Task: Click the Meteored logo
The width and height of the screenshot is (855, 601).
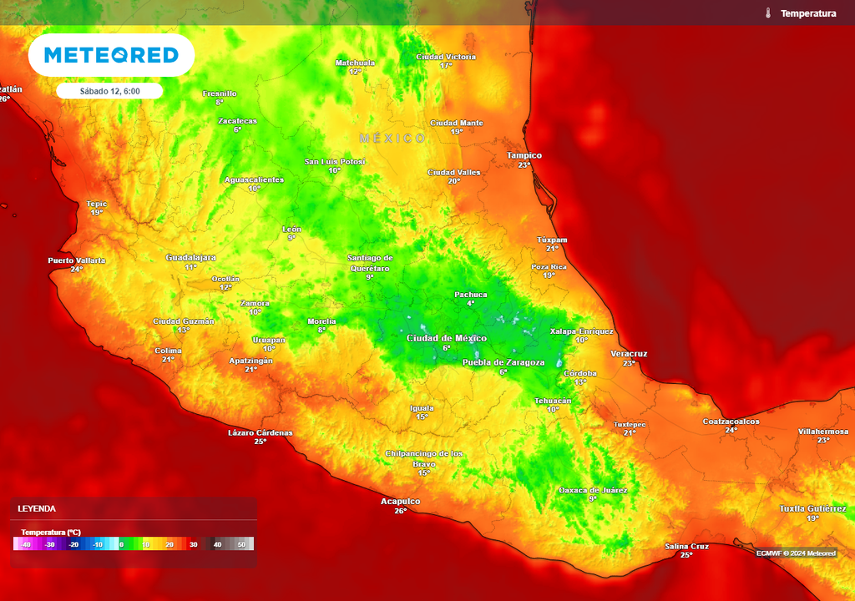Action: pos(111,55)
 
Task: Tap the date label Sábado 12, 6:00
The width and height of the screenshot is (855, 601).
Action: pos(109,91)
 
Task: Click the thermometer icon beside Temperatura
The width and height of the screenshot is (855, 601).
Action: pos(766,13)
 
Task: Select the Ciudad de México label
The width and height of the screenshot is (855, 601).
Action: pos(446,338)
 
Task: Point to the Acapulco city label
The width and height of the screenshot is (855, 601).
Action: pos(400,501)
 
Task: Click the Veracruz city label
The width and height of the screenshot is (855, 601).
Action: pos(629,354)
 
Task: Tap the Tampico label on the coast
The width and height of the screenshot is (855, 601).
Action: pos(524,155)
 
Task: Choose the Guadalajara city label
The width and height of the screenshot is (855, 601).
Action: pos(190,257)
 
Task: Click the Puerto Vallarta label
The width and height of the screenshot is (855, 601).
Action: pos(77,260)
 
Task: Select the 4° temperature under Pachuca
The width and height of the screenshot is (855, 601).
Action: pos(471,303)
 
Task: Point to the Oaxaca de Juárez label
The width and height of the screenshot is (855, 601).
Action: pos(592,490)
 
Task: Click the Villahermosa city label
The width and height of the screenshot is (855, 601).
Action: pos(822,432)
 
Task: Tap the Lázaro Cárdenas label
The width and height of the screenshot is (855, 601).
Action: pos(261,432)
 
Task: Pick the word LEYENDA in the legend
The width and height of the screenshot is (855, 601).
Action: pos(37,508)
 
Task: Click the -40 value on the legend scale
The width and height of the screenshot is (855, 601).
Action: pos(26,544)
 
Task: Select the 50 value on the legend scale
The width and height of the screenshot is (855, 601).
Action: pos(242,544)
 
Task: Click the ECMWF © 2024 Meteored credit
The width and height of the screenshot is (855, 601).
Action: pos(796,553)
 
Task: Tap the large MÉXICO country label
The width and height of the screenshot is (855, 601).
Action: pos(392,138)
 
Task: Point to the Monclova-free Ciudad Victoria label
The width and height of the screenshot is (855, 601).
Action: pos(446,57)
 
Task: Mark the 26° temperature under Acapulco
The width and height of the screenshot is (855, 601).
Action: pos(400,511)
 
